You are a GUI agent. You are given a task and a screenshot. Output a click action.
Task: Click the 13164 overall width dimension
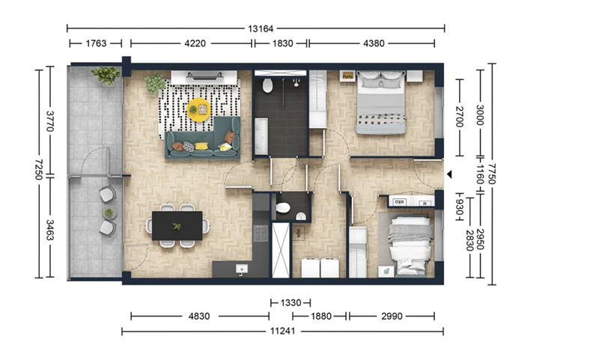click(261, 28)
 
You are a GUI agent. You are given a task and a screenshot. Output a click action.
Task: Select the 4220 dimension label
click(195, 43)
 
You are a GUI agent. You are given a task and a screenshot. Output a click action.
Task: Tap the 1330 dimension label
click(291, 303)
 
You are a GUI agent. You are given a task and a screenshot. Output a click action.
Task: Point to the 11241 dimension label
click(283, 331)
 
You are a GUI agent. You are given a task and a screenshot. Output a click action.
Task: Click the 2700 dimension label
click(460, 118)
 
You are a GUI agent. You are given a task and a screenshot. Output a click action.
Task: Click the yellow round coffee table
click(199, 109)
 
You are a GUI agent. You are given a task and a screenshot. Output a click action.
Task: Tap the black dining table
click(177, 225)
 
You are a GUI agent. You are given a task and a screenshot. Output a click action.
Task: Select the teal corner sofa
click(203, 142)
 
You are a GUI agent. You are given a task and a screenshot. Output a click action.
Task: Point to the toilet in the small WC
click(283, 207)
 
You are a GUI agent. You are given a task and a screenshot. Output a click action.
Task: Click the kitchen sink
click(241, 269)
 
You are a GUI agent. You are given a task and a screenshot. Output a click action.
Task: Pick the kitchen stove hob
click(261, 234)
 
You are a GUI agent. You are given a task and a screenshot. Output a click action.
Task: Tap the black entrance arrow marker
click(449, 174)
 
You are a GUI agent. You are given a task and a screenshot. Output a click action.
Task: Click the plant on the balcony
click(106, 75)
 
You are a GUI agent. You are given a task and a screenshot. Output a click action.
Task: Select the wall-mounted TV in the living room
click(204, 76)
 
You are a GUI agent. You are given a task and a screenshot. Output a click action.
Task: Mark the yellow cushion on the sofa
click(201, 146)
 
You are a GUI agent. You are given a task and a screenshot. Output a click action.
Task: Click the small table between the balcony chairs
click(109, 213)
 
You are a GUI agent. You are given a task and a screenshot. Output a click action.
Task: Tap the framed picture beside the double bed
click(347, 76)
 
